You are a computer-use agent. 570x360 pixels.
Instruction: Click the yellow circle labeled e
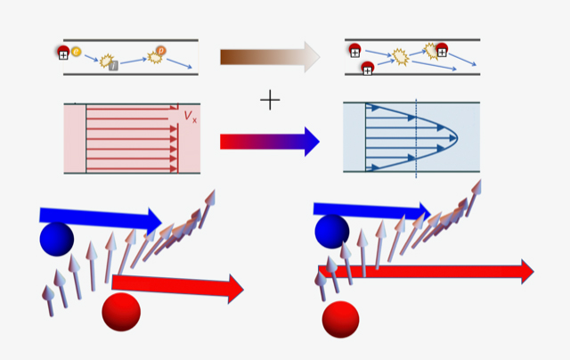(x=76, y=52)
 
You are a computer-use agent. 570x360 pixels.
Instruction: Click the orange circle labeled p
(x=161, y=51)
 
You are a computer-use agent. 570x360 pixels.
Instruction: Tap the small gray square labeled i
(x=113, y=66)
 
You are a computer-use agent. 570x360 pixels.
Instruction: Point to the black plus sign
(x=270, y=100)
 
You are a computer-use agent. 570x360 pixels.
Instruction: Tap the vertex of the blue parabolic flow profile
(x=456, y=137)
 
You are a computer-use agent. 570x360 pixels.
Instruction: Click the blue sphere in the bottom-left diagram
(x=56, y=238)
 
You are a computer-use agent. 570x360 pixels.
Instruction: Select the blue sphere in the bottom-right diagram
(x=331, y=231)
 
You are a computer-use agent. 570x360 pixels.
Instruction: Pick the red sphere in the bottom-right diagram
(x=340, y=319)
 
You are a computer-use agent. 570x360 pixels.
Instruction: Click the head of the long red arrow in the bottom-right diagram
(x=526, y=271)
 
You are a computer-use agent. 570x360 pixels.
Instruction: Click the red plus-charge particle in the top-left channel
(x=63, y=53)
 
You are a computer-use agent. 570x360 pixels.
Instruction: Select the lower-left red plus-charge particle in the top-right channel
(x=367, y=67)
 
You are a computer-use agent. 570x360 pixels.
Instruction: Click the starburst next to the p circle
(x=155, y=58)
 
